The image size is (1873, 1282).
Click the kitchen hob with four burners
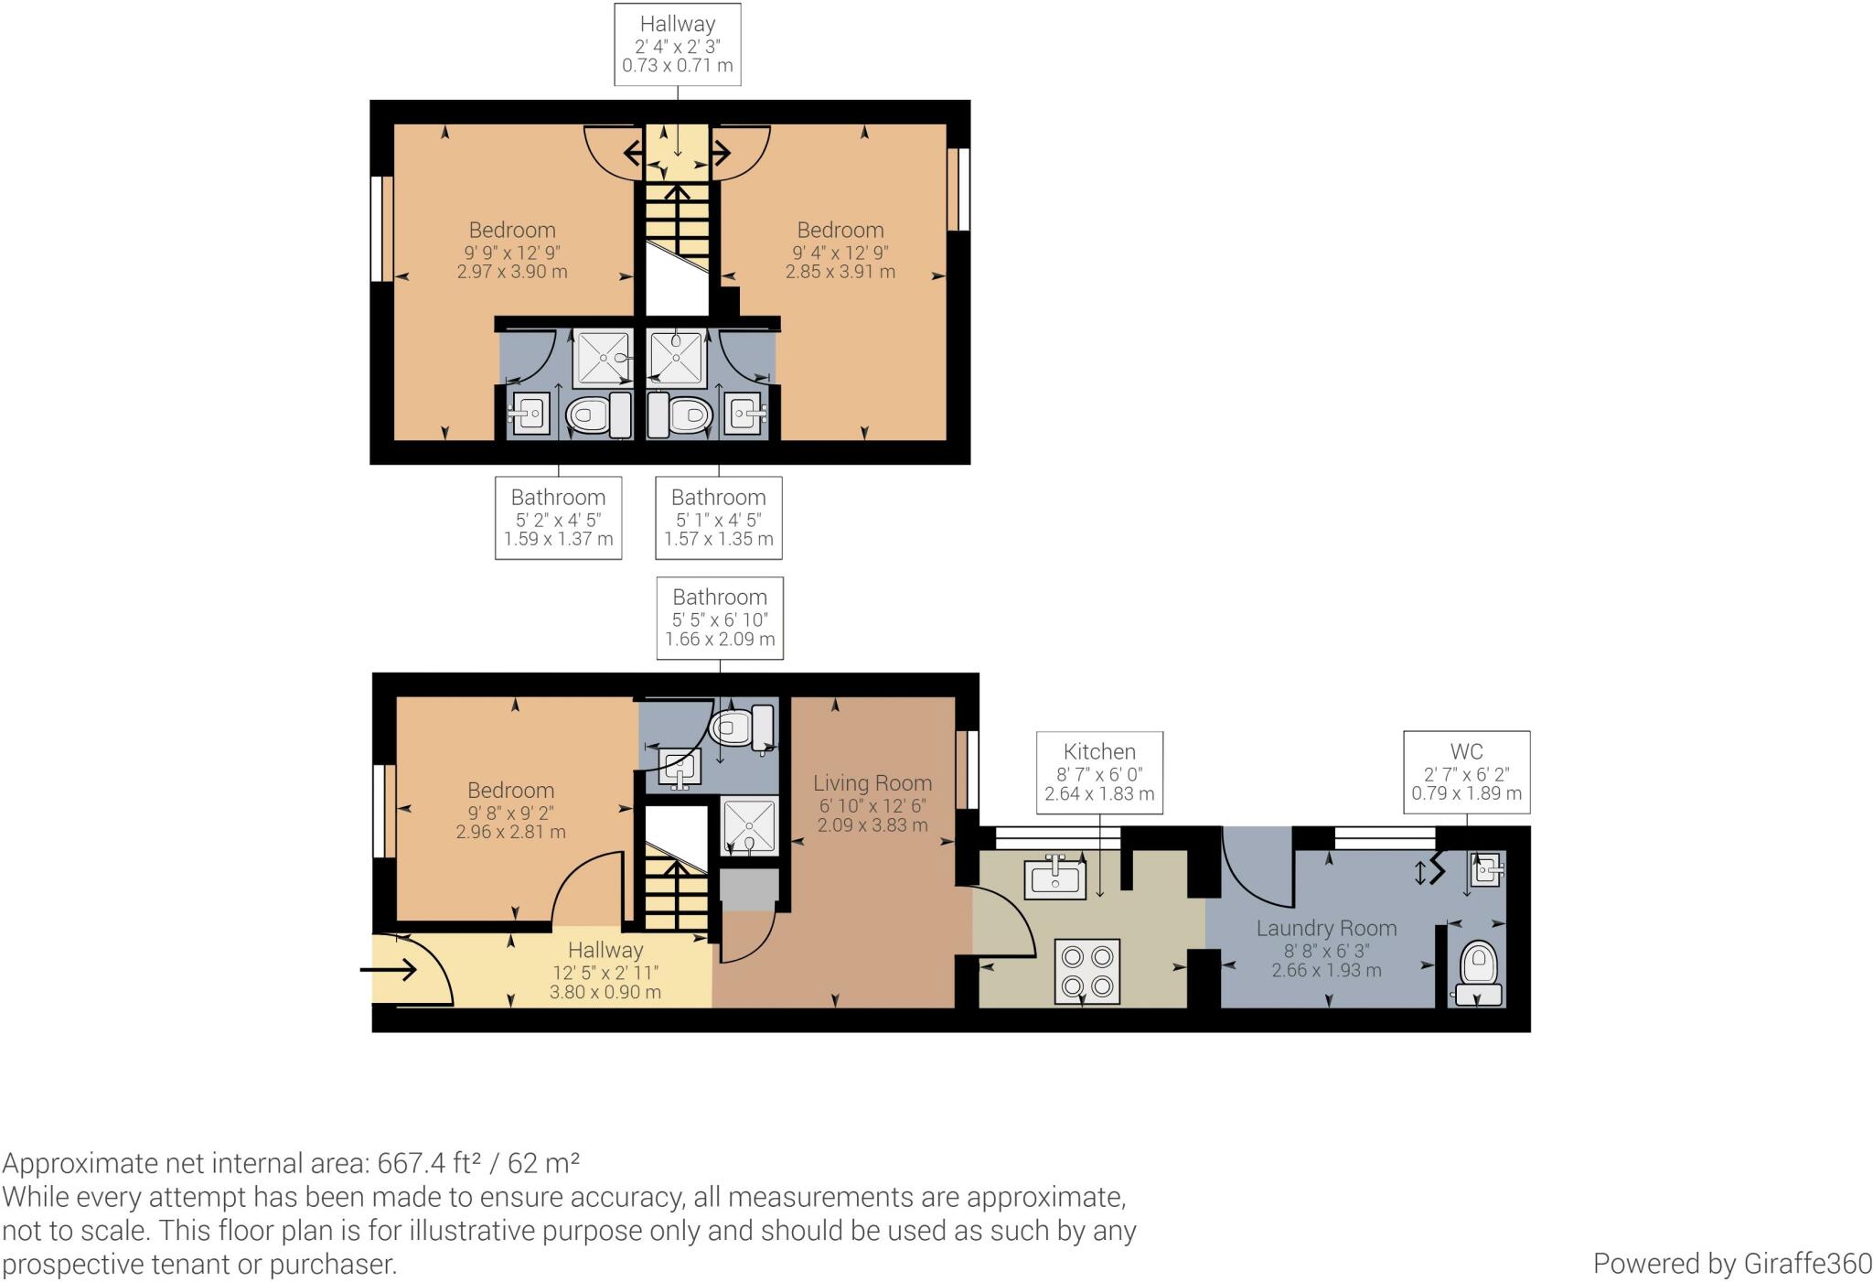click(x=1087, y=972)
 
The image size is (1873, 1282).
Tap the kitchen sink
click(x=1056, y=878)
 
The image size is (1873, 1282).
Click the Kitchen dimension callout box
click(x=1099, y=771)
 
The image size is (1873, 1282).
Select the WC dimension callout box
click(x=1467, y=771)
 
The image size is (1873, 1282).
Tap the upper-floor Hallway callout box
click(x=678, y=44)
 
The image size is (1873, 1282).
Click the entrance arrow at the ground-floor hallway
click(x=394, y=969)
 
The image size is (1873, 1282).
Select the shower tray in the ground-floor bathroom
click(x=749, y=827)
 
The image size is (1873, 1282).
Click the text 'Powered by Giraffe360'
click(x=1733, y=1263)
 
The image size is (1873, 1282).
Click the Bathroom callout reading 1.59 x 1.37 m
click(x=558, y=517)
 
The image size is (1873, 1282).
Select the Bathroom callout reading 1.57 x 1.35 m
click(x=719, y=517)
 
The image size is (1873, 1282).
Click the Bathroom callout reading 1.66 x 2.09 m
click(x=720, y=618)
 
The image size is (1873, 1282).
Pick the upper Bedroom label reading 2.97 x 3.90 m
click(x=512, y=251)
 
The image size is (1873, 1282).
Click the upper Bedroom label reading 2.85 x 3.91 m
click(x=840, y=251)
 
